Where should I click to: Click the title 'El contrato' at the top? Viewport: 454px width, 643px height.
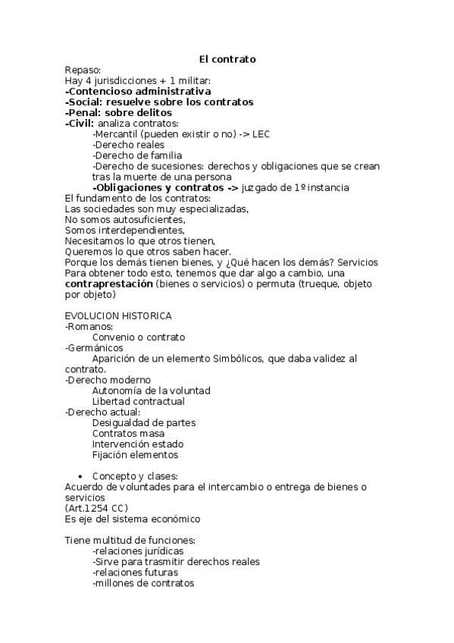227,58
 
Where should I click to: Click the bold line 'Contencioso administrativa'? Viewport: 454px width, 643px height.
139,91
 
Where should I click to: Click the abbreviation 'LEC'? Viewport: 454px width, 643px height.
260,134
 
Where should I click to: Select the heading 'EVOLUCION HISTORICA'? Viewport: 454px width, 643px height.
118,315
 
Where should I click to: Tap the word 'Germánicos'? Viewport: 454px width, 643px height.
95,347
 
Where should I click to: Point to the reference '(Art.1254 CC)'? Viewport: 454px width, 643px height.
96,508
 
